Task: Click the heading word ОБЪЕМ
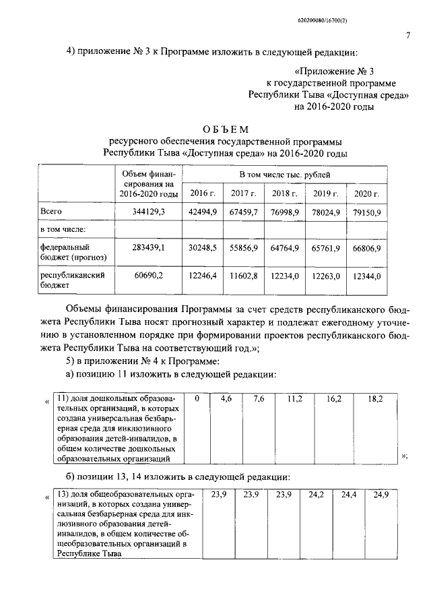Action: coord(226,129)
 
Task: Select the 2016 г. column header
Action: coord(202,193)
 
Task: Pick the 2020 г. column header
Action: coord(366,193)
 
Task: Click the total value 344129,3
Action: coord(150,212)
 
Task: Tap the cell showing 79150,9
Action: coord(367,212)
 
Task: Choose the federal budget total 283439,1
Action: coord(150,247)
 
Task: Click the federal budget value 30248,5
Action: coord(202,247)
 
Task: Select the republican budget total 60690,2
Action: coord(150,276)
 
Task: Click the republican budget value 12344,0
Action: coord(367,276)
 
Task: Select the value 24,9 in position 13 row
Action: coord(380,495)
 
